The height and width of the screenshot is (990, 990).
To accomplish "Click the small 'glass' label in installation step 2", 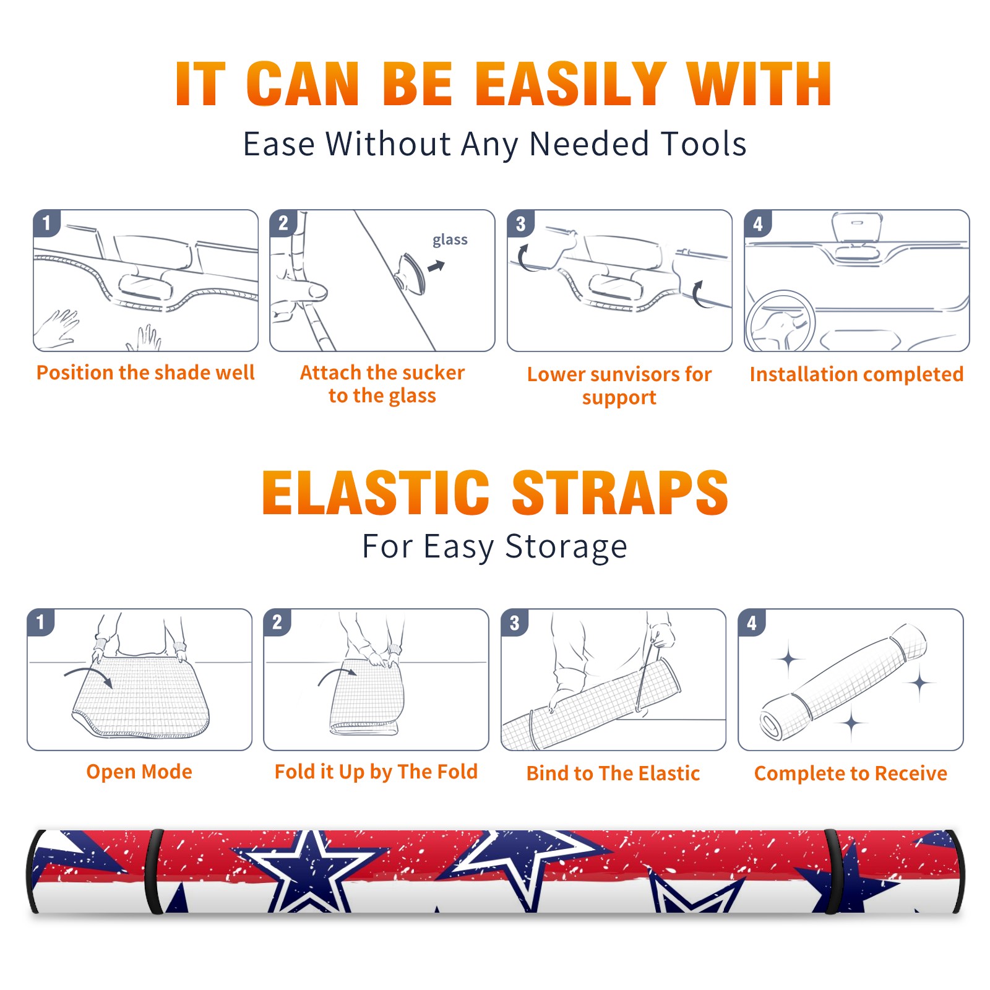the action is (450, 240).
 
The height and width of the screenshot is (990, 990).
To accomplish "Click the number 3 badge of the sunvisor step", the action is (520, 224).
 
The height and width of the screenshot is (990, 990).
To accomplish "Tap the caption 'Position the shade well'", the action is (145, 372).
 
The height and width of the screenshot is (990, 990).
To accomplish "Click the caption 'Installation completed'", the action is (856, 374).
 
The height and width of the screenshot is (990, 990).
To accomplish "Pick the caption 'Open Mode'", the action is (139, 772).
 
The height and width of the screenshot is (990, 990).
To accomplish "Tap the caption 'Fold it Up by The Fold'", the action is (376, 772).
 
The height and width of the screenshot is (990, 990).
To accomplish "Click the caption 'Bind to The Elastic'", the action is (613, 773).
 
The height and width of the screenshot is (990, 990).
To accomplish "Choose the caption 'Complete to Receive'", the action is (851, 773).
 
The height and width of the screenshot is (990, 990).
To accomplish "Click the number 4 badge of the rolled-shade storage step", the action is (752, 622).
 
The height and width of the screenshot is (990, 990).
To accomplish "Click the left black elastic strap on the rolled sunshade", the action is (153, 871).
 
